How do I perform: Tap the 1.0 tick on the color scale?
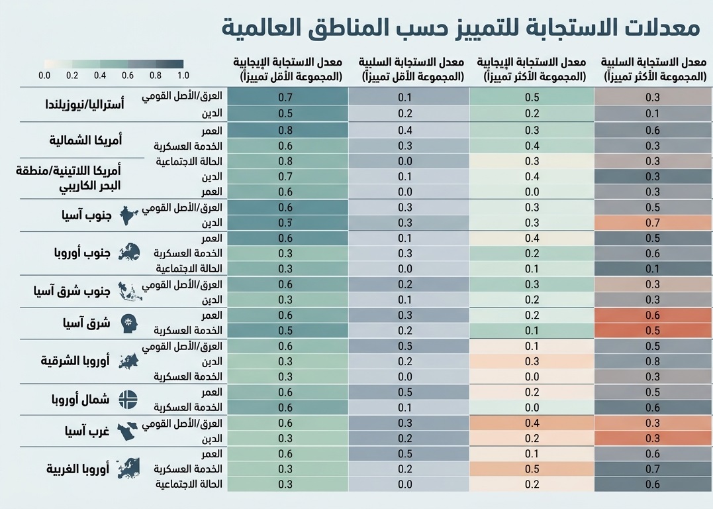pyautogui.click(x=183, y=76)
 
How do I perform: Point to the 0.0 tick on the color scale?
pyautogui.click(x=44, y=76)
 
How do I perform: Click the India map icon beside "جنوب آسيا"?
pyautogui.click(x=129, y=215)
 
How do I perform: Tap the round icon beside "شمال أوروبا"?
pyautogui.click(x=128, y=400)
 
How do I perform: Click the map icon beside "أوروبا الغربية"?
pyautogui.click(x=129, y=468)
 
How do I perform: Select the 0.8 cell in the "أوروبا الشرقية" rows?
pyautogui.click(x=652, y=361)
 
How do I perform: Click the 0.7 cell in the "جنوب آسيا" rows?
pyautogui.click(x=652, y=223)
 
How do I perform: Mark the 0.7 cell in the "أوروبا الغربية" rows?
pyautogui.click(x=652, y=469)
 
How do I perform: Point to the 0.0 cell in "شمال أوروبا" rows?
pyautogui.click(x=532, y=408)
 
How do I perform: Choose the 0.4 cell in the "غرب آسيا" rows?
pyautogui.click(x=532, y=423)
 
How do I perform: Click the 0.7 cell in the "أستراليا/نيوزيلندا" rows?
pyautogui.click(x=286, y=97)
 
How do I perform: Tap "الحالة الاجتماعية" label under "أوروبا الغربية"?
pyautogui.click(x=189, y=484)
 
